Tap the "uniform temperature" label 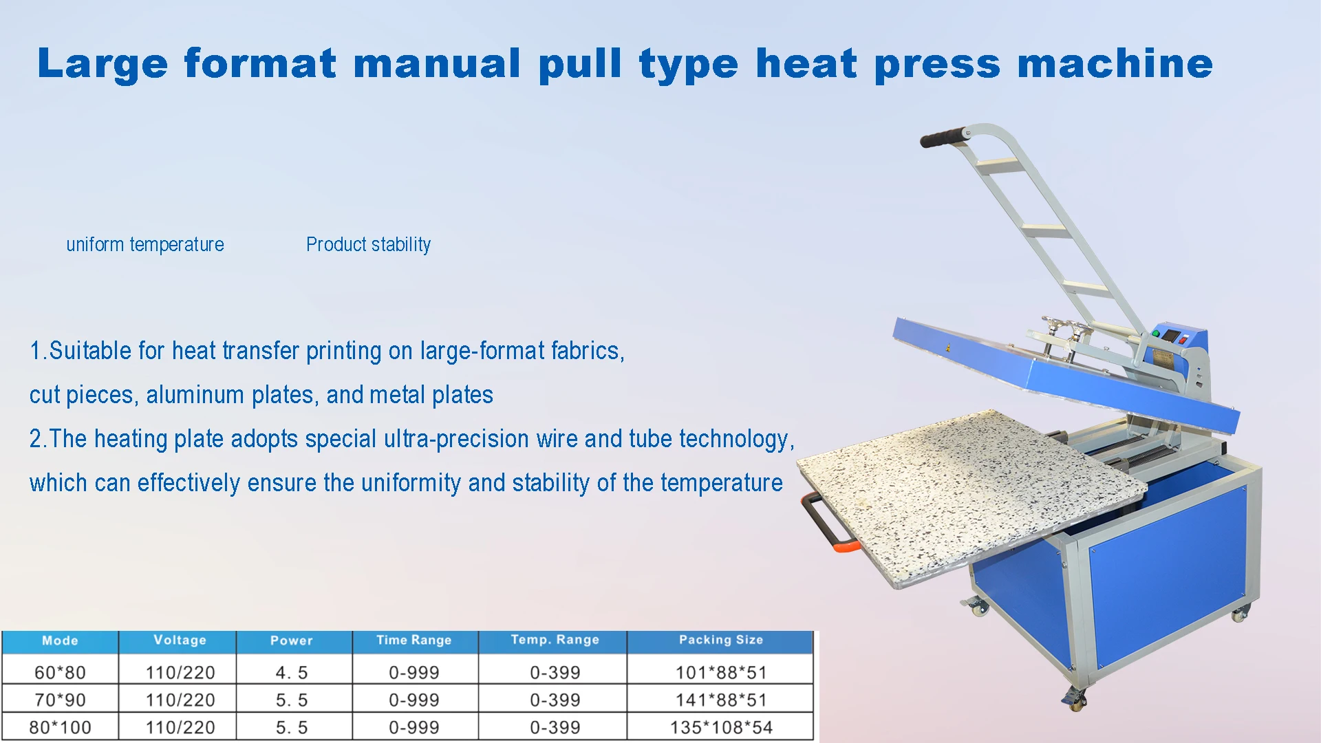[145, 244]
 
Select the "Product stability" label [368, 244]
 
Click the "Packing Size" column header [720, 640]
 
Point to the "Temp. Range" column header [555, 640]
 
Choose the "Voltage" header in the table [180, 640]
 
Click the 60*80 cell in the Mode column [60, 672]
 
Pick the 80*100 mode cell [60, 727]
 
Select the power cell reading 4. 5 [292, 672]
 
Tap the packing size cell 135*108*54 [721, 727]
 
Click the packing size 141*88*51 [721, 700]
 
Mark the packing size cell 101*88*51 [721, 672]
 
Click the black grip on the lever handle [944, 137]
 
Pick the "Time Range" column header [414, 640]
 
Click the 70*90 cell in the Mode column [60, 700]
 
